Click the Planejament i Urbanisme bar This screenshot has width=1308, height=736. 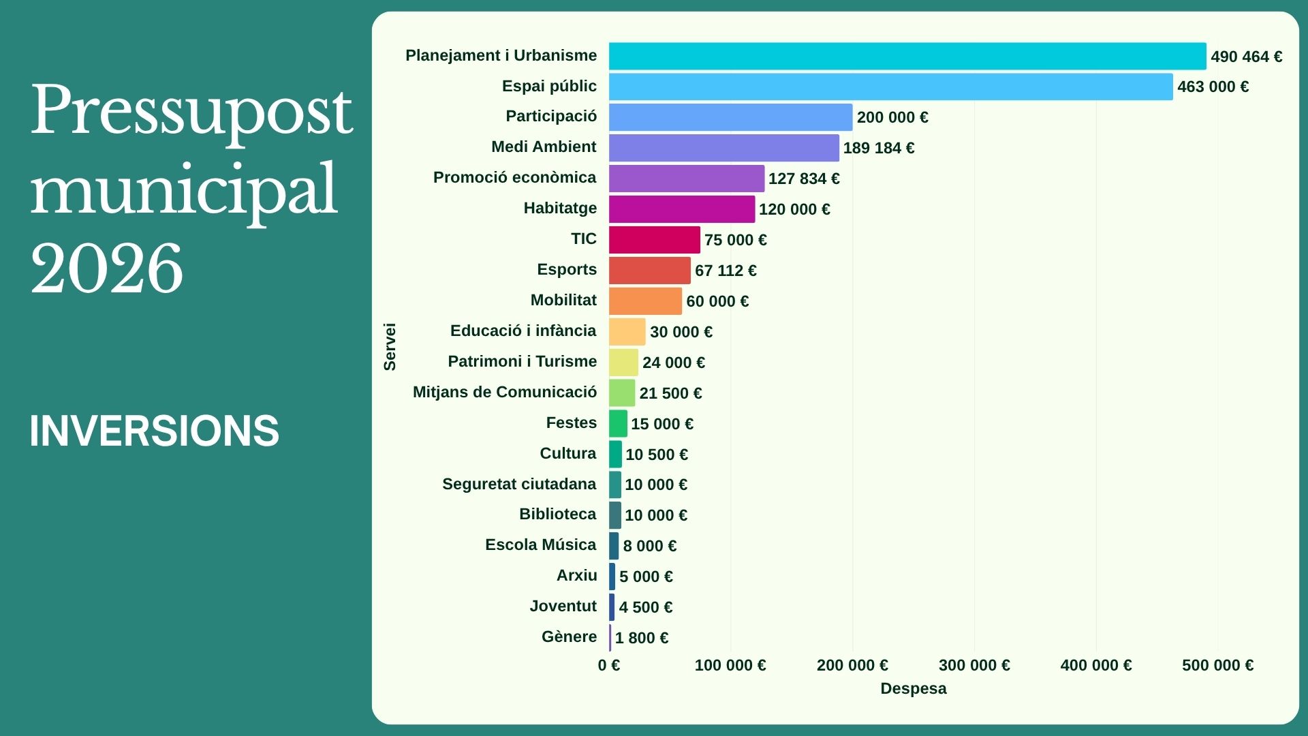coord(907,56)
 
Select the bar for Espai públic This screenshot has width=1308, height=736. coord(890,87)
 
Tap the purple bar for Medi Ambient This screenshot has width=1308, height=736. coord(723,148)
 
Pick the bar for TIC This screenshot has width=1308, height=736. coord(654,240)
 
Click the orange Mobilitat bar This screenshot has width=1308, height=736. coord(645,301)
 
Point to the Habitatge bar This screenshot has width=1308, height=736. coord(681,209)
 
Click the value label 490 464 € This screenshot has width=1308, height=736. coord(1246,57)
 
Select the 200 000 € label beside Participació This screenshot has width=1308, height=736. coord(892,117)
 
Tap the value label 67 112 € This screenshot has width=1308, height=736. coord(726,271)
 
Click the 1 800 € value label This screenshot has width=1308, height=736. coord(642,638)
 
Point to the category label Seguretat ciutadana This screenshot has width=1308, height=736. coord(519,484)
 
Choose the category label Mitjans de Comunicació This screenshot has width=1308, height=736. coord(504,392)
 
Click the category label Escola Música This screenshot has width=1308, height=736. coord(540,545)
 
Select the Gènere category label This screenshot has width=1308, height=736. coord(569,637)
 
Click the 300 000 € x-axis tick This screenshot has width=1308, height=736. coord(974,665)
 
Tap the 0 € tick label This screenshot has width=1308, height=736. coord(609,665)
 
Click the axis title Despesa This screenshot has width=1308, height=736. coord(913,688)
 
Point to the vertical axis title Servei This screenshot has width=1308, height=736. coord(390,347)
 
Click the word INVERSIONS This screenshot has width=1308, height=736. coord(154,431)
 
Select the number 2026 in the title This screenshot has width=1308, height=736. coord(106,269)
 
